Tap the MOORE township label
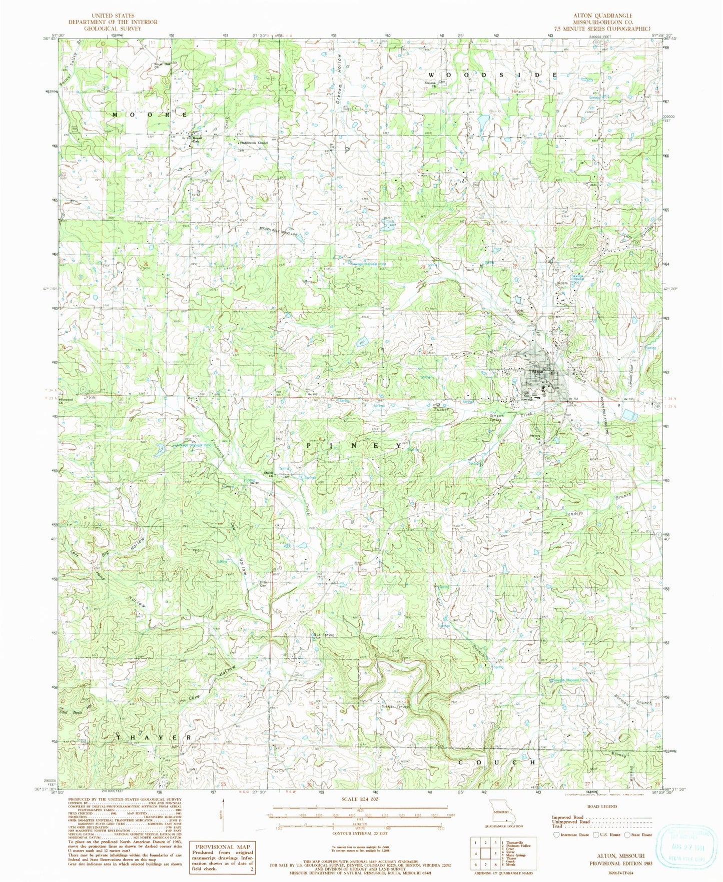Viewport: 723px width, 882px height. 150,115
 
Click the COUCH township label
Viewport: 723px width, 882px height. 498,762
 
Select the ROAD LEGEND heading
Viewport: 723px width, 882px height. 602,806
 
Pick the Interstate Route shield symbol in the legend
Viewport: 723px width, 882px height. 556,834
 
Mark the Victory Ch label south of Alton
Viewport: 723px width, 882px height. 535,437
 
